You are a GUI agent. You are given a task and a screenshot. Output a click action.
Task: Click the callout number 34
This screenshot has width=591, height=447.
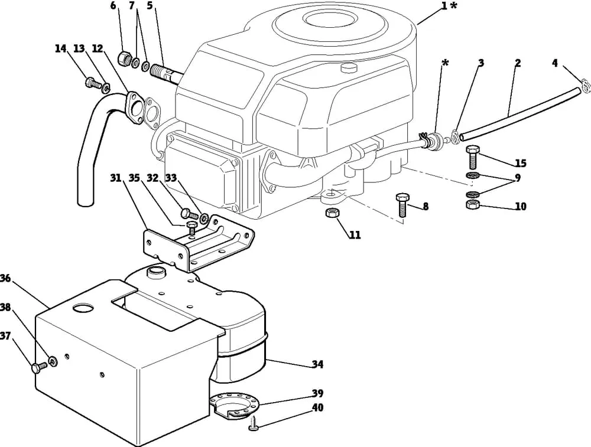coord(317,364)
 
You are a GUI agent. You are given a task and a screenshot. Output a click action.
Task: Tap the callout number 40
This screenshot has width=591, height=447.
coord(317,408)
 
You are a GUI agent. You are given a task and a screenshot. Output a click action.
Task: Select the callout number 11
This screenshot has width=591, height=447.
coord(354,235)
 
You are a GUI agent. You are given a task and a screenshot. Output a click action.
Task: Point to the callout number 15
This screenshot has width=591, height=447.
coord(521,163)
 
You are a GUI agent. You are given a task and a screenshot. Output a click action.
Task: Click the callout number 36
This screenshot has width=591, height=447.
coord(5,278)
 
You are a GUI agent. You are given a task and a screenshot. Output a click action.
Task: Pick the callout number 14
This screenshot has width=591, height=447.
coord(60,48)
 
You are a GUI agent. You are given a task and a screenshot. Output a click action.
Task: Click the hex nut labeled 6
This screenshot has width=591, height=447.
coord(125,58)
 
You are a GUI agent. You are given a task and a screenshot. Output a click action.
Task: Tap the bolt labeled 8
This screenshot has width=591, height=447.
coord(402,205)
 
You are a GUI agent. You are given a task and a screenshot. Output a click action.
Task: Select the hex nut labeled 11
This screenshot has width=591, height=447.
coord(332,213)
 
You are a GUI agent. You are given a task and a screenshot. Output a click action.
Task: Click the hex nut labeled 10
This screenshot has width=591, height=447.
coord(473,205)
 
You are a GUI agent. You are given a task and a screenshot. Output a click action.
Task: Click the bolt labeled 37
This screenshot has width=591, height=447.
coord(40,367)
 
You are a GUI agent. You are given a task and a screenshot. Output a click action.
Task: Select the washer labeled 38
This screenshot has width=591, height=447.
coord(53,361)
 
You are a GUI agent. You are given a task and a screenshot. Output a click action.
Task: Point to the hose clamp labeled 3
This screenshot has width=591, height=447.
coord(456,136)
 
